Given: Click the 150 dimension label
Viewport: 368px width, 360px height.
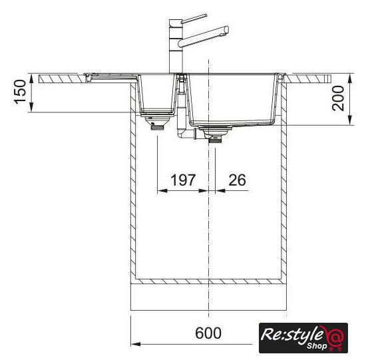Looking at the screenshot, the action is pos(20,92).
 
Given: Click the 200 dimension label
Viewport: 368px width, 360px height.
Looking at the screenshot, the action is pos(338,98).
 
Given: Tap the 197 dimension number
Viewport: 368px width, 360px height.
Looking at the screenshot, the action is pos(183,180).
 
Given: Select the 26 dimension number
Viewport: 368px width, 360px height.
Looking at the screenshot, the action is pos(238,180).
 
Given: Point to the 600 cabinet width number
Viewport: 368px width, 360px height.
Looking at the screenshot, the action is pos(208,333).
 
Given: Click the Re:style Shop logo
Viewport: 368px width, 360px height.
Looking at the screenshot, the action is pos(303,338).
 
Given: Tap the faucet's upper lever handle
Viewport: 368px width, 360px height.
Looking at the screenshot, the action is pos(194,19).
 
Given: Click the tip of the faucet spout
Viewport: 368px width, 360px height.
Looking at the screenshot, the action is pos(226,31).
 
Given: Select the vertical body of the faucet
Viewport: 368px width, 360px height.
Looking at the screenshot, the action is pos(176,47).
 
